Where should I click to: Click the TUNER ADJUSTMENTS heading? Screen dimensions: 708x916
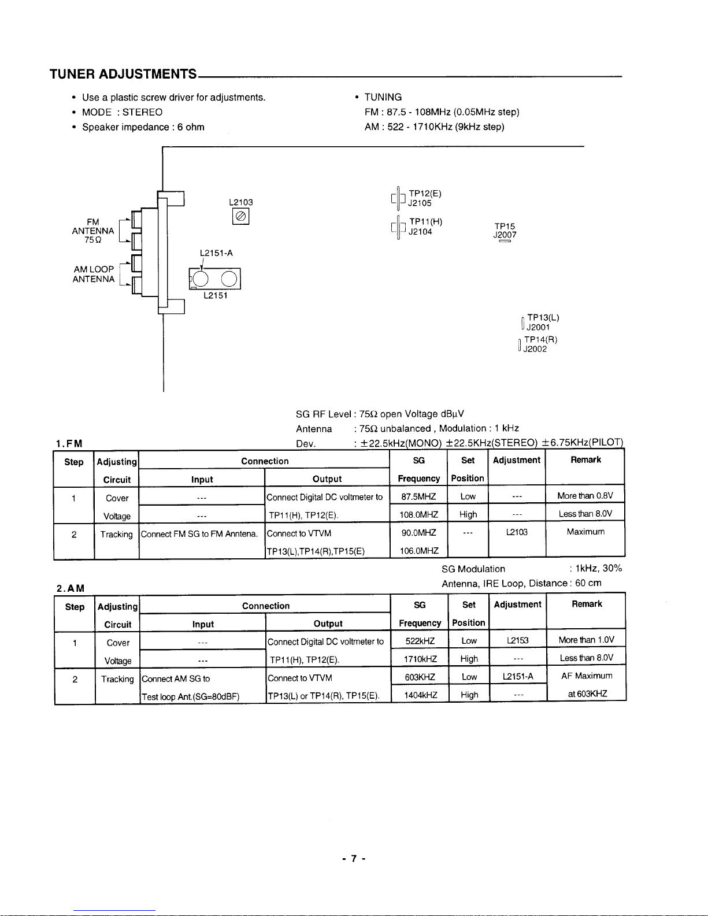123,74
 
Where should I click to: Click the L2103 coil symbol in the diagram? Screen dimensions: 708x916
240,216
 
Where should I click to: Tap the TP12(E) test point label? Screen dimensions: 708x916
425,194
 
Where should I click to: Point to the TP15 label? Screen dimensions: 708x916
505,227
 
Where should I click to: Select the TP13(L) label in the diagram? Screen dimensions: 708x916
543,317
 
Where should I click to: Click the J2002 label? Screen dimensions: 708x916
535,349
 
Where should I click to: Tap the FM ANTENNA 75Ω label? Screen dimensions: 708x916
92,231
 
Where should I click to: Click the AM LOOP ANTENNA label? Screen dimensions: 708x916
94,274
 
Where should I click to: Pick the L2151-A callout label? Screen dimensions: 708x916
216,253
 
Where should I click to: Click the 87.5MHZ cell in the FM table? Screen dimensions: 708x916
418,496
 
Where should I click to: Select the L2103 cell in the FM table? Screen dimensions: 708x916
517,532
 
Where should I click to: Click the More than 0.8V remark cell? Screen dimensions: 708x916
585,496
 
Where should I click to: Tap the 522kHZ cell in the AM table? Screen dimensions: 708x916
420,641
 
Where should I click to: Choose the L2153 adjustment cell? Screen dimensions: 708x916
517,640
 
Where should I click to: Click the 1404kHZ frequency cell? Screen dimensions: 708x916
421,695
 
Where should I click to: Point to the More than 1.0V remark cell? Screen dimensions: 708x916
586,640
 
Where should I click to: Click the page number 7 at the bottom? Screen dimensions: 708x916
354,859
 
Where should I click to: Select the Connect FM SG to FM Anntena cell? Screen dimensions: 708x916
199,534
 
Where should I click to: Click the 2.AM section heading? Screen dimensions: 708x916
71,588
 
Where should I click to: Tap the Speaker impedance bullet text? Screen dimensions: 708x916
143,127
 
